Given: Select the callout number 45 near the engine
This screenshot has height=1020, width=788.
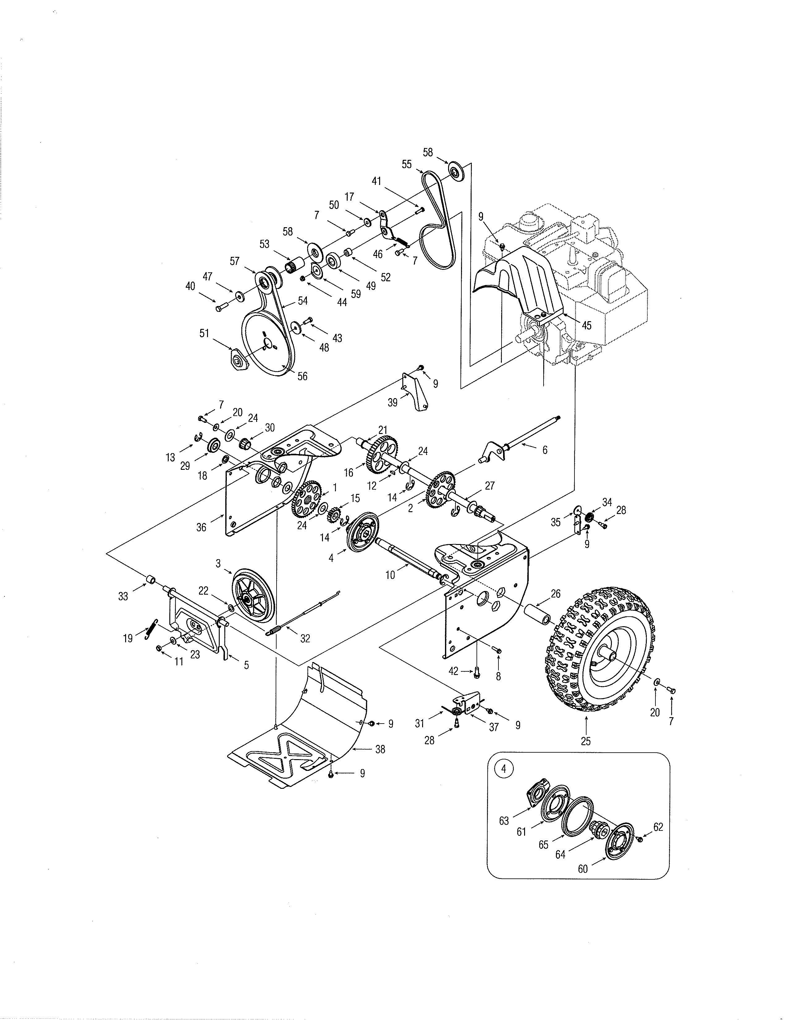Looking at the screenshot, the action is pos(586,325).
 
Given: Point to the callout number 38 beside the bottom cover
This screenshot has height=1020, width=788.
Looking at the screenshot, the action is pos(380,749).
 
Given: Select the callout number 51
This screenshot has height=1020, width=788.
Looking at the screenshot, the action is pos(204,334).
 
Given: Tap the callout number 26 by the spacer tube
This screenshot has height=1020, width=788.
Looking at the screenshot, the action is pos(555,593).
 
